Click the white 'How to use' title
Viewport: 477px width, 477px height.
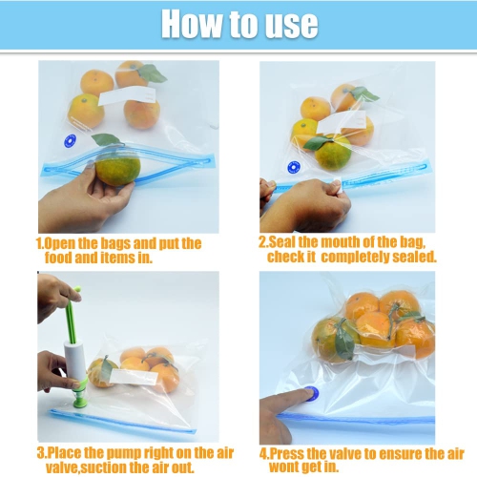point(238,23)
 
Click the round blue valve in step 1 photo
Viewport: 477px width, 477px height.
point(70,139)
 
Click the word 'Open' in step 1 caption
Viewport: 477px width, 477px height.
point(62,243)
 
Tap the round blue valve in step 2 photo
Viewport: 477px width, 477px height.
point(294,166)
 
